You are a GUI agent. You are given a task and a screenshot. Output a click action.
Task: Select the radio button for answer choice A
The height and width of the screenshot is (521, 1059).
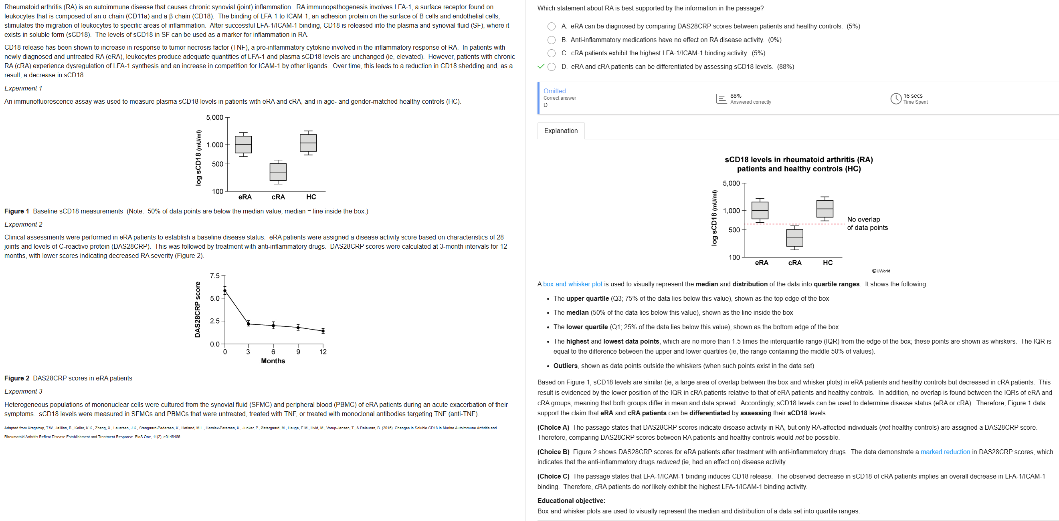551,26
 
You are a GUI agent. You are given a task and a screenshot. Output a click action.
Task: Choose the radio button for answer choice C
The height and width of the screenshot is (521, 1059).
551,53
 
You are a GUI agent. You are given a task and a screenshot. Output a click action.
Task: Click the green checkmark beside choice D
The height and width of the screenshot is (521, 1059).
541,66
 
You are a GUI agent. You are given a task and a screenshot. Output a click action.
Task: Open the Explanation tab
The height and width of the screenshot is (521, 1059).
561,131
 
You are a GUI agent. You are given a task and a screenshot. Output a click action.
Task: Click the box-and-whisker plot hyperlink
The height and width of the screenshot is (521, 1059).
572,284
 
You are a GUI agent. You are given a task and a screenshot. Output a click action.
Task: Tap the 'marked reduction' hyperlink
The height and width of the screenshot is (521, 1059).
945,452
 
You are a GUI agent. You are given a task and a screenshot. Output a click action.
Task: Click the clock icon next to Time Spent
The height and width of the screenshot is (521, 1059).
895,99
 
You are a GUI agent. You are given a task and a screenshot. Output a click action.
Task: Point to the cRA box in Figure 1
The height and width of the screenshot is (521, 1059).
278,172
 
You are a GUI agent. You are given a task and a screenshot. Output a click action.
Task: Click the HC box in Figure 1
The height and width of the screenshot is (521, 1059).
308,143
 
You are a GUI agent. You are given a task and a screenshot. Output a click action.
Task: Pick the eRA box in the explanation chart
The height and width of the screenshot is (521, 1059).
760,210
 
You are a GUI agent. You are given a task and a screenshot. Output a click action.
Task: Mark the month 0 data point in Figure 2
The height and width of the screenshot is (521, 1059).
225,291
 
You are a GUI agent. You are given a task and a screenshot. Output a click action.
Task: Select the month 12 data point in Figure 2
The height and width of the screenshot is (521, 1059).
323,331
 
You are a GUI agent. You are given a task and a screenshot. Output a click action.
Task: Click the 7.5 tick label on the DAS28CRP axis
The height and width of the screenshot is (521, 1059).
214,276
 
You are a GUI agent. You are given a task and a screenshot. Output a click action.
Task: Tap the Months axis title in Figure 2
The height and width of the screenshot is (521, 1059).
273,361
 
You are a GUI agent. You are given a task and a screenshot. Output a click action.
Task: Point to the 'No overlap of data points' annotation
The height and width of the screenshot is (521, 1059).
867,223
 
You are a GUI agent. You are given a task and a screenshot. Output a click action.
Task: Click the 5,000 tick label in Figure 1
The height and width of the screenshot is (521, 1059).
214,117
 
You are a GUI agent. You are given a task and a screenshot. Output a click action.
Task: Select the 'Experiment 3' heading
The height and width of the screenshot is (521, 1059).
23,391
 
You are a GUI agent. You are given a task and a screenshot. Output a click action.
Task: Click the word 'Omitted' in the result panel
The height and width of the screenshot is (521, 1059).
554,91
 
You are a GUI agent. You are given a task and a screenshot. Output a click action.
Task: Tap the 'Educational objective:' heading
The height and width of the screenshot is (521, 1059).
571,501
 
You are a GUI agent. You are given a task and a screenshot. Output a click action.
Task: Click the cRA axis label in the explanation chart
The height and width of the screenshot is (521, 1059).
795,263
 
